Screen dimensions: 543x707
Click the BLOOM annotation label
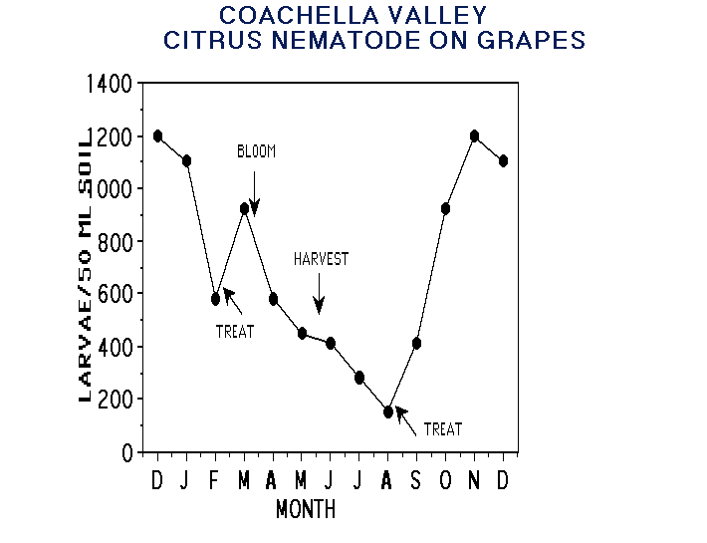(255, 151)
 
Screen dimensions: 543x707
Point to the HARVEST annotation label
(321, 259)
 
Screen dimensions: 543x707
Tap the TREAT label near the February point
(235, 332)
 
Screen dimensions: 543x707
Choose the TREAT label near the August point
(443, 429)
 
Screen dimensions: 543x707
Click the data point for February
(215, 298)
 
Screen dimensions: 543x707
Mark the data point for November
(475, 136)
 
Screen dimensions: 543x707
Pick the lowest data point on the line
(388, 411)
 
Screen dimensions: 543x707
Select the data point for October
(445, 208)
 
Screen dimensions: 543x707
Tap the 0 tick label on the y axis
(125, 452)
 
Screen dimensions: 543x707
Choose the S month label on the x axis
(416, 480)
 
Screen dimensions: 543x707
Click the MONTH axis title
(306, 510)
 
